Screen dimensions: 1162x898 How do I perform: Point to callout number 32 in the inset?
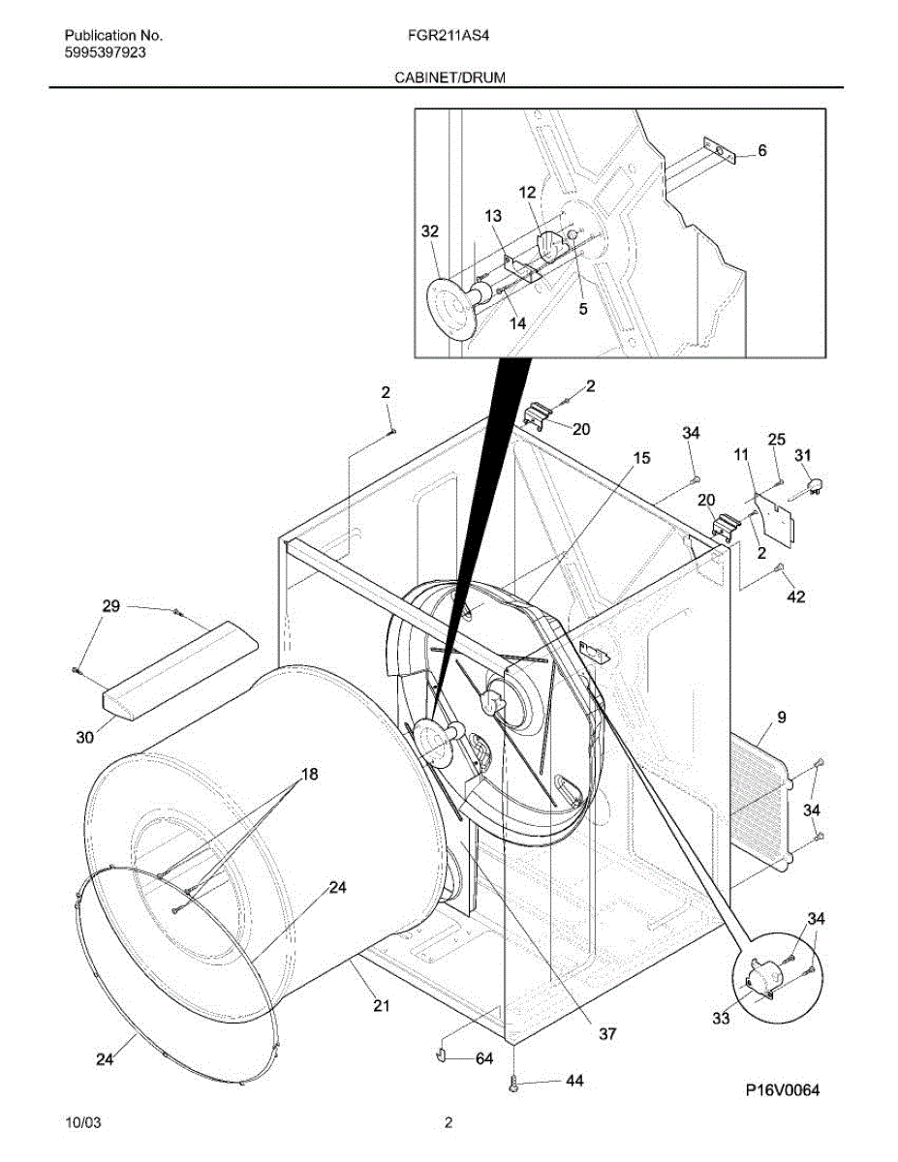(x=430, y=231)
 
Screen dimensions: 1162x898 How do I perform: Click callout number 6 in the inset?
(x=761, y=151)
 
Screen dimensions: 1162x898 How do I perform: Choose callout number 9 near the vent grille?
(x=781, y=718)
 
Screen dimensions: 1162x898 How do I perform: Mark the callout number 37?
(x=606, y=1034)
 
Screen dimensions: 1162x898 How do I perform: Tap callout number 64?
(x=484, y=1058)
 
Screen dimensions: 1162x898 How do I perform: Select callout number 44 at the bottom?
(x=574, y=1081)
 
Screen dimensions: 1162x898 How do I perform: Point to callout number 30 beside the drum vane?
(x=85, y=737)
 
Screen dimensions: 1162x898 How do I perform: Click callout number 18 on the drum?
(x=309, y=775)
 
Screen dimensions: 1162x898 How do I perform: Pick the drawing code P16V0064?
(x=782, y=1090)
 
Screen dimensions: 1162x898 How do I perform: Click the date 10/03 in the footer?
(x=81, y=1123)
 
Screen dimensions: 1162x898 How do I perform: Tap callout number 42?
(x=795, y=596)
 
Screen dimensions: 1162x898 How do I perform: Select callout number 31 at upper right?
(x=804, y=455)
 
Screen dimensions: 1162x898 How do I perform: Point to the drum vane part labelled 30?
(x=180, y=670)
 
